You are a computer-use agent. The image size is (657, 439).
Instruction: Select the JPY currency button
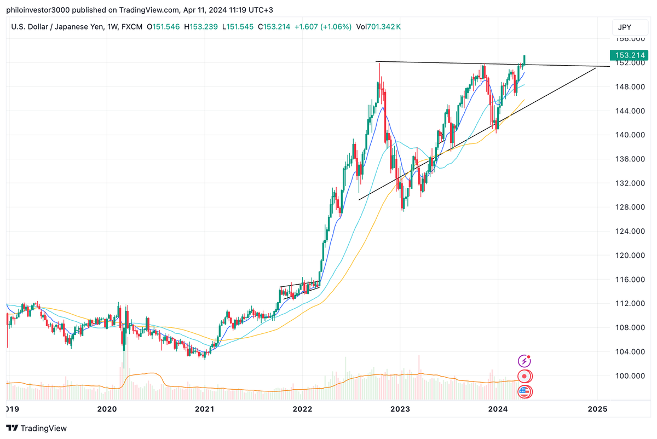(x=625, y=27)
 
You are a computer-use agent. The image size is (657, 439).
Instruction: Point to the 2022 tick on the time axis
(x=302, y=408)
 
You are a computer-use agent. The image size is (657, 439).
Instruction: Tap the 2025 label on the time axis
(x=597, y=408)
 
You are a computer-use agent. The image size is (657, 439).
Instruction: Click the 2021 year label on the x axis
(x=204, y=408)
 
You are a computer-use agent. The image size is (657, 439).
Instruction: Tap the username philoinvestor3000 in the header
(x=42, y=10)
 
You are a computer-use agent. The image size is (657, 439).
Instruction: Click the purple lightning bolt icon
(x=525, y=361)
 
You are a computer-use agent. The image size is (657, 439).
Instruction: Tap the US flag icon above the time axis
(x=525, y=391)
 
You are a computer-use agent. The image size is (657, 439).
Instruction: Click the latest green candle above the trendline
(x=525, y=60)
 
